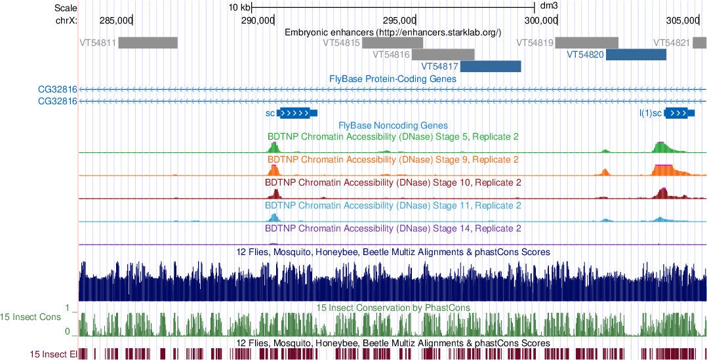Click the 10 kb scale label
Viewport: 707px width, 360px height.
tap(239, 8)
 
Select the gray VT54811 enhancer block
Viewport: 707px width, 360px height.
tap(148, 43)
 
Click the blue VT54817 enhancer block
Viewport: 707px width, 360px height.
tap(491, 66)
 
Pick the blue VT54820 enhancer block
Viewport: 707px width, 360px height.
tap(636, 54)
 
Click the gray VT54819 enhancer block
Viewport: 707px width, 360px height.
tap(586, 43)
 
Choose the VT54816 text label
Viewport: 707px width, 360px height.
tap(391, 54)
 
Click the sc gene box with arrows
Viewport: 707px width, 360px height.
tap(296, 113)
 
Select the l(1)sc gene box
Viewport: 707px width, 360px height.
tap(677, 113)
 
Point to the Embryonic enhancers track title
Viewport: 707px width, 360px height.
tap(393, 31)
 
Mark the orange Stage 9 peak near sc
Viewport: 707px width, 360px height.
tap(274, 170)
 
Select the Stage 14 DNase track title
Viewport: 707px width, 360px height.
tap(393, 229)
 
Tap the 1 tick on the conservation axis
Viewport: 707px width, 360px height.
tap(68, 307)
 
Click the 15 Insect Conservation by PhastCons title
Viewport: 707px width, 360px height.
tap(393, 307)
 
